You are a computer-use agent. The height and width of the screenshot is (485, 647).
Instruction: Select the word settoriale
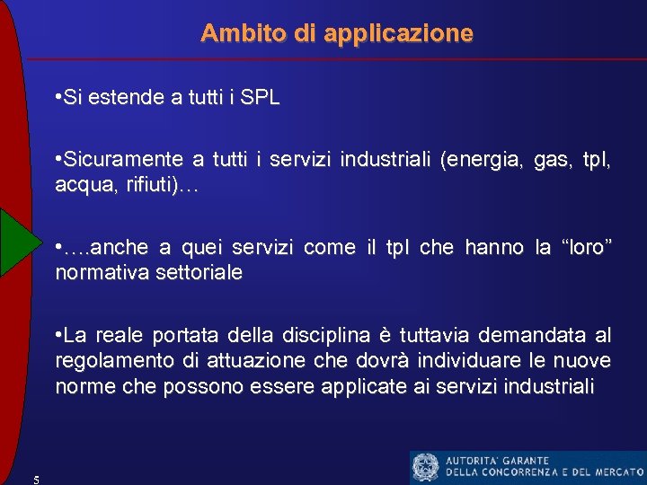pyautogui.click(x=198, y=272)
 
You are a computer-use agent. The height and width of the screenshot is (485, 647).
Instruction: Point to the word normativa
pyautogui.click(x=101, y=272)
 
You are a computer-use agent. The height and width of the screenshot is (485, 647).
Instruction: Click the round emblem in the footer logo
pyautogui.click(x=425, y=467)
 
